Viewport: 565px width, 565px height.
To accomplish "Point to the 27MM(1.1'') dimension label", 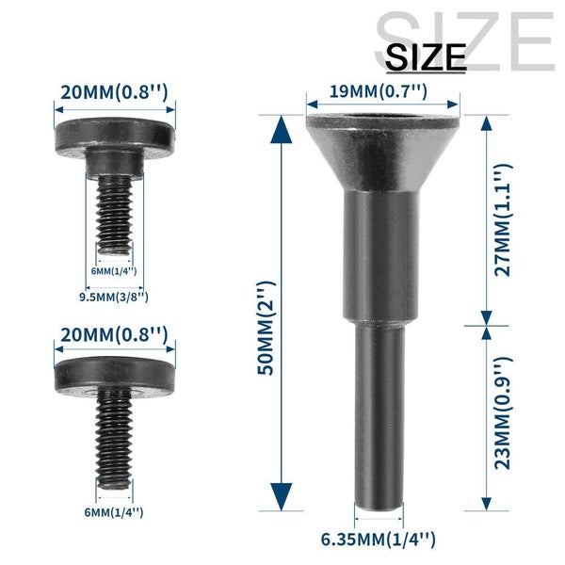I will point(503,218).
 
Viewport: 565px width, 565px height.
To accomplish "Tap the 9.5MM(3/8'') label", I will point(112,298).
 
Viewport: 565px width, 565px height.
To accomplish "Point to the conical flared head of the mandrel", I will point(382,146).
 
